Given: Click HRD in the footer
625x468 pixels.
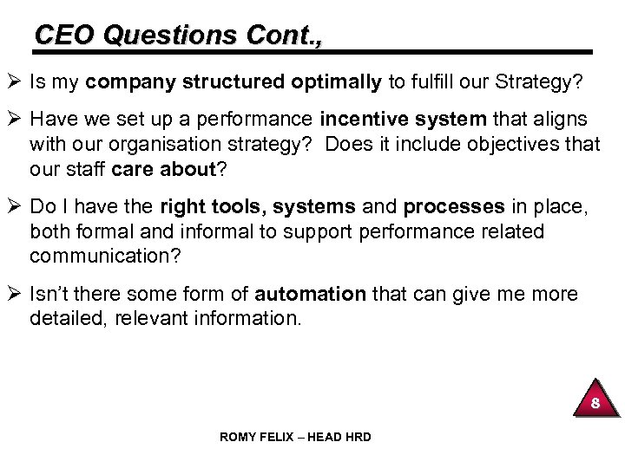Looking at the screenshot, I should (x=357, y=437).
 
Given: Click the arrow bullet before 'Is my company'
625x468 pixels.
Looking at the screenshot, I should (x=16, y=83).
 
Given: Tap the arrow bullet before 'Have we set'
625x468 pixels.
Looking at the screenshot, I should (x=16, y=120).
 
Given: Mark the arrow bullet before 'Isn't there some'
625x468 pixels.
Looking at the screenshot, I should (x=16, y=294).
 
